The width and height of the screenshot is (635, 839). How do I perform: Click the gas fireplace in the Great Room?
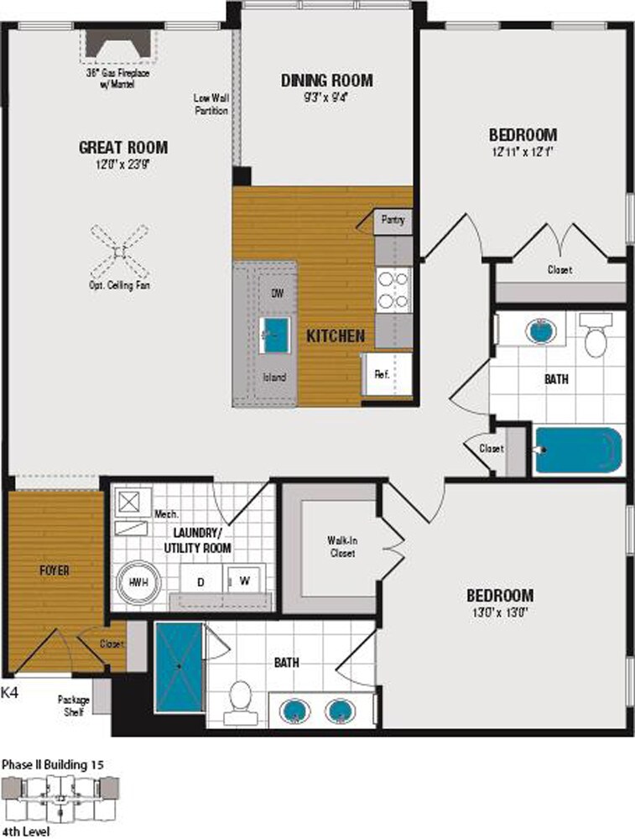pos(118,43)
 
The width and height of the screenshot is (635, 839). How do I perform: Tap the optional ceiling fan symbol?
pos(120,250)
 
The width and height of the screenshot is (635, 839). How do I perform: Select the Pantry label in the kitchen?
pos(392,221)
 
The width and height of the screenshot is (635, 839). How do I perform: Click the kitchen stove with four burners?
pos(393,289)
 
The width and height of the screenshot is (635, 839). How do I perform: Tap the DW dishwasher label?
pos(277,294)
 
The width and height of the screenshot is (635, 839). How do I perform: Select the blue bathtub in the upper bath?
pos(579,451)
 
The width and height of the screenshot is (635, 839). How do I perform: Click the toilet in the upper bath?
pos(596,335)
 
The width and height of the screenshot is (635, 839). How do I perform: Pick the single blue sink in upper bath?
pos(541,330)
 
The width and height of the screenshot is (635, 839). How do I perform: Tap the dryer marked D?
pos(201,581)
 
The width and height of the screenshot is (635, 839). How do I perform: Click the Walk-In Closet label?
pos(341,547)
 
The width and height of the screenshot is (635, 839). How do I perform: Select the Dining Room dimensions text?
pos(326,96)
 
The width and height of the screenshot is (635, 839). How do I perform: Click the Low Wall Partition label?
pos(211,104)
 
